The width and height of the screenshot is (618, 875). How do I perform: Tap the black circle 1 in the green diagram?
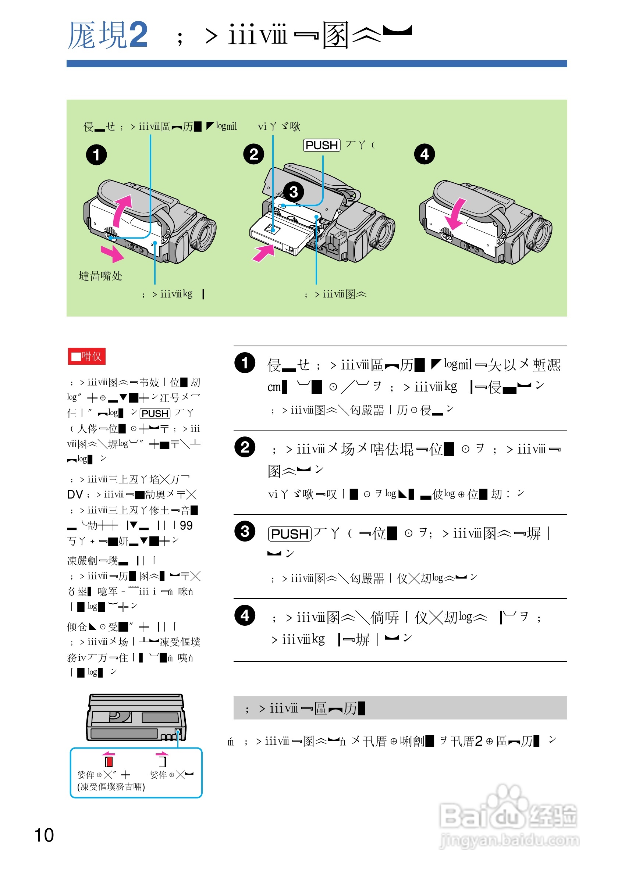coord(96,155)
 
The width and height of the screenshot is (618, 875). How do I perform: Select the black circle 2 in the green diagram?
coord(253,154)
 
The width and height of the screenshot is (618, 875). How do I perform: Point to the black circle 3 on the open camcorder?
coord(293,192)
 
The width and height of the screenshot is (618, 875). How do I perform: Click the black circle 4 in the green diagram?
coord(425,154)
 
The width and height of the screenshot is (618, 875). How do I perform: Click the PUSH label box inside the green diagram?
coord(322,145)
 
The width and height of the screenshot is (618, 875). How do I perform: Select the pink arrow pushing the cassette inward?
coord(263,253)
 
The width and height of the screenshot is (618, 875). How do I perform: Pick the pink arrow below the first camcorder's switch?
coord(112,253)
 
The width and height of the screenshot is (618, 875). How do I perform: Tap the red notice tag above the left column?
coord(86,356)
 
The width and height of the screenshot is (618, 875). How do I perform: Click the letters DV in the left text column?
coord(75,494)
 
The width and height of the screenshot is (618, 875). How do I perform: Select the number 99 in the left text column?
coord(186,525)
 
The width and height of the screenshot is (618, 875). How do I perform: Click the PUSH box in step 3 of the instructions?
coord(290,534)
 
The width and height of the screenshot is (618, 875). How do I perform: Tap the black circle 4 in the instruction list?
coord(245,615)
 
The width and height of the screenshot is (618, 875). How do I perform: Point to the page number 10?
coord(44,835)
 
